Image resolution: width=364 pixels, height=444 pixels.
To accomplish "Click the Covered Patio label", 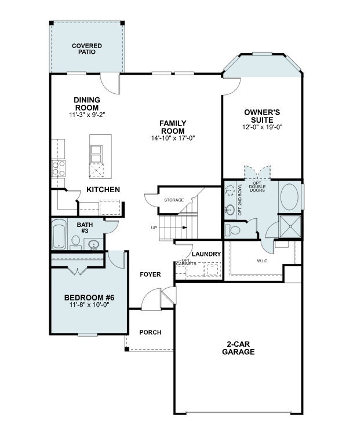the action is [87, 49].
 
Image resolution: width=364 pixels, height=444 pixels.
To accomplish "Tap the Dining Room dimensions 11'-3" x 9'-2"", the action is [87, 115].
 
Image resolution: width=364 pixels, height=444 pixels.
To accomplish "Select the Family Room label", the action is [173, 127].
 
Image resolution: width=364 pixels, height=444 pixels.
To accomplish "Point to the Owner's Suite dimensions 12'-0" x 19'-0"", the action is [262, 127].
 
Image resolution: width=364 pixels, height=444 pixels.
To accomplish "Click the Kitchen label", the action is [103, 190].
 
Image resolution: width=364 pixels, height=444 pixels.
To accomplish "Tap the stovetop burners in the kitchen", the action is [58, 168].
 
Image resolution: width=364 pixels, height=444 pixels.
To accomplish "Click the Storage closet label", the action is [174, 200].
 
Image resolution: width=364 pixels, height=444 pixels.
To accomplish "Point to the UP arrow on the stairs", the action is [184, 227].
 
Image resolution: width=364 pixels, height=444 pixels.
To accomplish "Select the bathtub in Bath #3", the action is [59, 235].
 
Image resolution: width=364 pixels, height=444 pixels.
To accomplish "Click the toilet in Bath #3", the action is [75, 243].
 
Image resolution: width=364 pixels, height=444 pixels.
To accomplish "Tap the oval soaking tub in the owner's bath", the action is [289, 197].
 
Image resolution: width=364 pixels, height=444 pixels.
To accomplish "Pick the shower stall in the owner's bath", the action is [290, 226].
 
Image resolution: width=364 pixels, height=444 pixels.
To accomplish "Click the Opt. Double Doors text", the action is [257, 187].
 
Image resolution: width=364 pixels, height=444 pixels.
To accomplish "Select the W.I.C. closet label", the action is [263, 261].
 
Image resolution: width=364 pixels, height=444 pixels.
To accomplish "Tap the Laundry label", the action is [206, 254].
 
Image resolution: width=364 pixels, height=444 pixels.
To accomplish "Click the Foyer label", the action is [150, 274].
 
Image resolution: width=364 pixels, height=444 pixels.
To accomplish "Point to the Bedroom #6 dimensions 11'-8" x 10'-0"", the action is [90, 305].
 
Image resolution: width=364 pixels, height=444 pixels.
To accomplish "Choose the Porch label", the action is [150, 332].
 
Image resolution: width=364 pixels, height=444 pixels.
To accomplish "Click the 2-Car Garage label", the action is [238, 348].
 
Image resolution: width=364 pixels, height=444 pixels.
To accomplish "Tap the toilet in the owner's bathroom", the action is [232, 230].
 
